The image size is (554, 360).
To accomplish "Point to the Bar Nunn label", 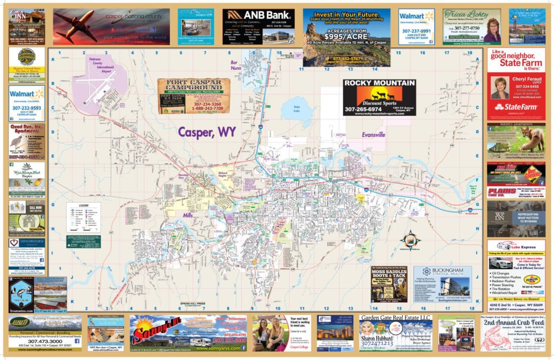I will click(232, 65).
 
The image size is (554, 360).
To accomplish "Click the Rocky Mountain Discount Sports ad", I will click(379, 98).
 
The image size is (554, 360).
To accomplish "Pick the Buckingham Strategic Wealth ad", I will click(442, 283).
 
